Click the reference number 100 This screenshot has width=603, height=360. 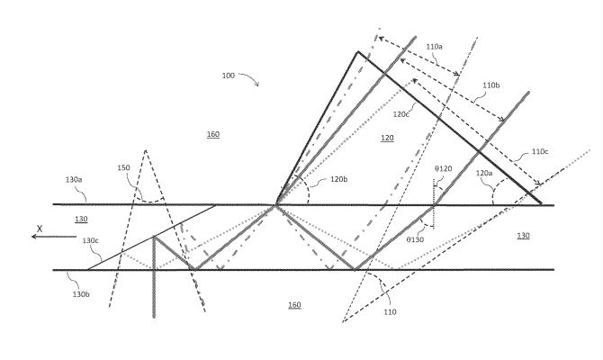[x=228, y=76]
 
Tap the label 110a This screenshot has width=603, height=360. [x=434, y=47]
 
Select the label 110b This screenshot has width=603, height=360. [x=491, y=85]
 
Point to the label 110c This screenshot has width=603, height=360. [x=540, y=151]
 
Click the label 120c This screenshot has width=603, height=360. [x=401, y=114]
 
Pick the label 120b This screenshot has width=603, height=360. [x=339, y=179]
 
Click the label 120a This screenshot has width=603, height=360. [x=484, y=173]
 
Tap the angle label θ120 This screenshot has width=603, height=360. [x=444, y=168]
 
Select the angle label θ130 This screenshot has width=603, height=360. [x=415, y=239]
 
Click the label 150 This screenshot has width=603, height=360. [x=124, y=167]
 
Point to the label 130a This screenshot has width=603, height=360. [x=74, y=180]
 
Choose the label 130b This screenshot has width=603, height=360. [x=81, y=294]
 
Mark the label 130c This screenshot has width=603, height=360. [x=90, y=240]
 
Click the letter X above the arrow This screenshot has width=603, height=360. [x=40, y=229]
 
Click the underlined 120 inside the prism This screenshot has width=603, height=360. [x=387, y=138]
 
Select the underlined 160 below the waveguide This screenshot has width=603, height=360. [x=294, y=305]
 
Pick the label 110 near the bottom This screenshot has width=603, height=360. [x=390, y=312]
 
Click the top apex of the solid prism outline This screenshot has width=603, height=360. [x=358, y=51]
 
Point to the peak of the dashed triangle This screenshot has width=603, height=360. [x=146, y=150]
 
